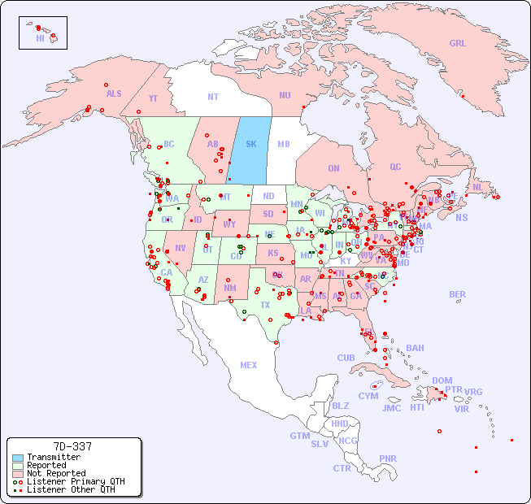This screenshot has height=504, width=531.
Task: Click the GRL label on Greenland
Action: click(x=458, y=43)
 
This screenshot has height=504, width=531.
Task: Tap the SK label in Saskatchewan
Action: click(x=250, y=144)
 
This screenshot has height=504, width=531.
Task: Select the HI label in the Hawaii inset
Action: click(x=40, y=38)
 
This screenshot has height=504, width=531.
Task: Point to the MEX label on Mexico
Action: click(x=248, y=365)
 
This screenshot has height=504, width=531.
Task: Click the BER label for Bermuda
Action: click(x=457, y=294)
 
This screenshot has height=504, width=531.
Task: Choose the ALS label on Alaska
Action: click(x=114, y=93)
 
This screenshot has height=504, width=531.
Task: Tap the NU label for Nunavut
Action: click(x=285, y=95)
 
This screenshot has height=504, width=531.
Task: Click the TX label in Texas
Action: click(x=265, y=305)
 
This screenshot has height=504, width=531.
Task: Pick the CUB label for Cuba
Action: click(x=346, y=358)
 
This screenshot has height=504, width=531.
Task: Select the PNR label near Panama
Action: click(x=388, y=458)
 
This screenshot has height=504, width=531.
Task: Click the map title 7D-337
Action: click(x=72, y=447)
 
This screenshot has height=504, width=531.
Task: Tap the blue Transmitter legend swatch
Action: click(x=18, y=458)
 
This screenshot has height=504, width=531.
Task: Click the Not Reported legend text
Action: click(x=55, y=473)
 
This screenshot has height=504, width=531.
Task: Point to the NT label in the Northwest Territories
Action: click(x=212, y=96)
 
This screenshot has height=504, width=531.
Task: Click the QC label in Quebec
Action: click(x=395, y=167)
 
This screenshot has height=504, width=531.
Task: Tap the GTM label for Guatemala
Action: click(x=299, y=436)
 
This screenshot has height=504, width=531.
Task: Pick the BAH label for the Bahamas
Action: click(x=415, y=348)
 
